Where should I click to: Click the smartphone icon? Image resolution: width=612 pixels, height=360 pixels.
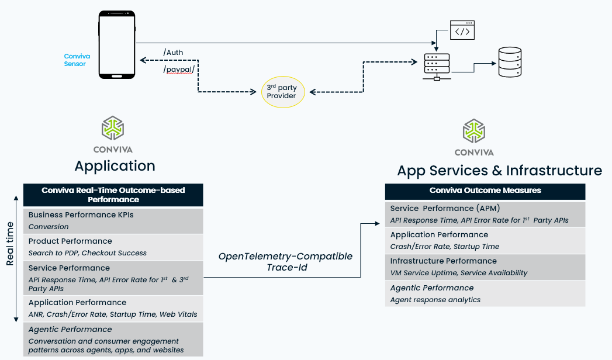click(x=117, y=44)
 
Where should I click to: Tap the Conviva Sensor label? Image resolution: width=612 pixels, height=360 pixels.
click(x=77, y=60)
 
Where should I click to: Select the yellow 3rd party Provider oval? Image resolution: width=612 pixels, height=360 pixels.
click(x=282, y=92)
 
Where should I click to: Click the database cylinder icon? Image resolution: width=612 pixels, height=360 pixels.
click(x=510, y=62)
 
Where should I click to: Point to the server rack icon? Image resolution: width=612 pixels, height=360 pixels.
click(x=437, y=67)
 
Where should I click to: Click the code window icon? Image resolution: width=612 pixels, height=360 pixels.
click(x=462, y=30)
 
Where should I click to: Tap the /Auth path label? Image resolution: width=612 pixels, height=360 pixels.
click(x=173, y=52)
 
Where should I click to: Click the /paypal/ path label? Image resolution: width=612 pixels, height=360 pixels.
click(x=179, y=70)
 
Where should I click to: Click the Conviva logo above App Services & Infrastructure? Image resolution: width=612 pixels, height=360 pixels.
click(x=474, y=137)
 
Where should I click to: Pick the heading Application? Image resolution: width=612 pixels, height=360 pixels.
click(x=115, y=166)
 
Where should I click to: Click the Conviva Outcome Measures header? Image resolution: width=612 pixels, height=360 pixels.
click(x=485, y=191)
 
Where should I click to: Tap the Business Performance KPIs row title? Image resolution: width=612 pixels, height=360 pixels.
click(x=81, y=215)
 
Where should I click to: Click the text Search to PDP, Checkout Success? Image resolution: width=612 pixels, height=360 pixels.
click(x=88, y=252)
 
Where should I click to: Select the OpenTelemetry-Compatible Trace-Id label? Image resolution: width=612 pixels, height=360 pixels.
click(x=286, y=262)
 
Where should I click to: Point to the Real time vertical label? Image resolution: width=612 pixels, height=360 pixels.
click(x=10, y=244)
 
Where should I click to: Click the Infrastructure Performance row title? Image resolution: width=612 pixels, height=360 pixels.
click(x=444, y=261)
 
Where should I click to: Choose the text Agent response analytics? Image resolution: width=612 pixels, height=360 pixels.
click(x=435, y=300)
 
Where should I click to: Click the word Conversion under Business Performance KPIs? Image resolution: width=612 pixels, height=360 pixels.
click(x=49, y=227)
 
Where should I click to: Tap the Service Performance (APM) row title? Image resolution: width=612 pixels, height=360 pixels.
click(x=445, y=208)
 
